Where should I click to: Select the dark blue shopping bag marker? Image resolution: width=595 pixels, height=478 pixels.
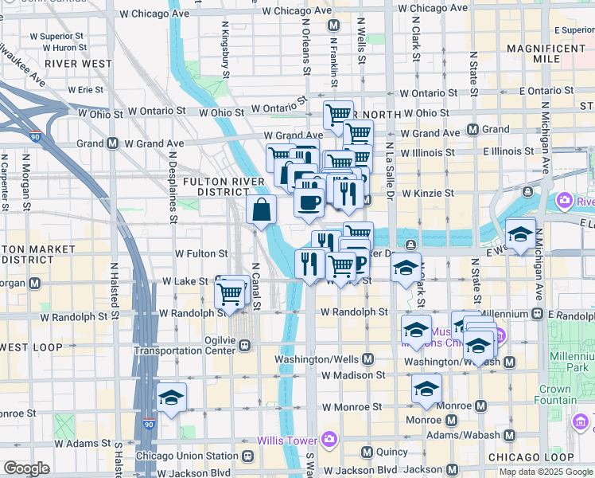(261, 211)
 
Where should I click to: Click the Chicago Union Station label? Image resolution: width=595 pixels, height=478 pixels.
(188, 456)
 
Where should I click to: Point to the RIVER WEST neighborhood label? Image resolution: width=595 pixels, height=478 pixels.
(78, 63)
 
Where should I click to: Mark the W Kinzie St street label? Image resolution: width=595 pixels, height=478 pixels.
(428, 193)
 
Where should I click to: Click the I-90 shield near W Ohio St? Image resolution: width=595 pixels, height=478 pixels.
(34, 138)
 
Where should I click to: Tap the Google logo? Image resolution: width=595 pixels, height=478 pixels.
(26, 468)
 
